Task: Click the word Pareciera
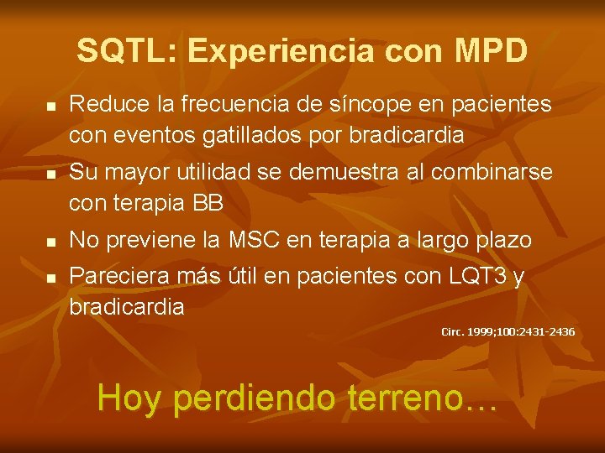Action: coord(115,276)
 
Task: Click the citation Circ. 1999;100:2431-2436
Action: coord(508,332)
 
